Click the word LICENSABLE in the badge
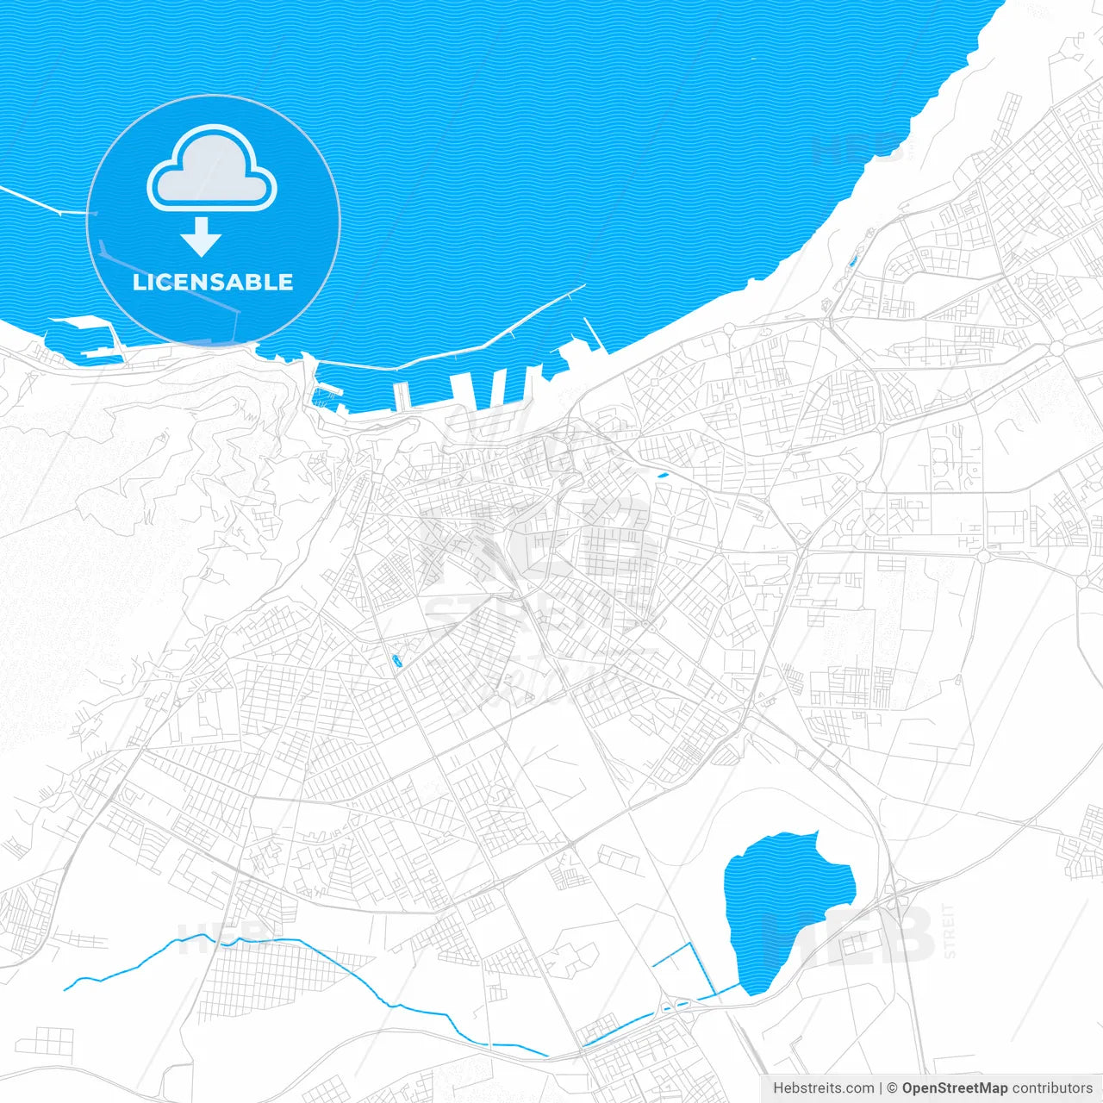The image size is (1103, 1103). (x=213, y=282)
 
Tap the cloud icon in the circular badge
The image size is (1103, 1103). (x=212, y=168)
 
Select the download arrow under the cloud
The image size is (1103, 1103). (x=202, y=237)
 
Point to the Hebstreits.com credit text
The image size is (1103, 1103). (x=823, y=1088)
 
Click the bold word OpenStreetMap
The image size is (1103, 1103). (x=954, y=1088)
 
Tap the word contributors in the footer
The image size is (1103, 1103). (x=1052, y=1088)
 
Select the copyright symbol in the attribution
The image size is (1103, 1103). (x=893, y=1088)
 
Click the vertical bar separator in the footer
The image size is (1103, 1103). (x=881, y=1088)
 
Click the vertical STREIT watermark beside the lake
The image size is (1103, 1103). (x=950, y=931)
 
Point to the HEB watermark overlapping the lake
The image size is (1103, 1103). (x=849, y=935)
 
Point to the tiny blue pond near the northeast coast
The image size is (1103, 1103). (x=853, y=259)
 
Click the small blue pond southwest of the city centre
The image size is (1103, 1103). (x=396, y=661)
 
